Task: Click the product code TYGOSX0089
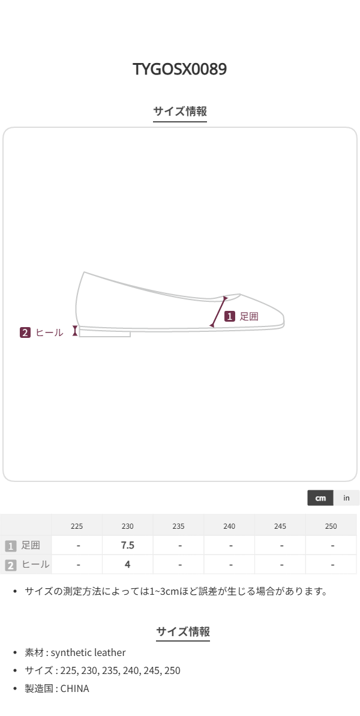tap(180, 69)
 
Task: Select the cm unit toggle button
tap(320, 498)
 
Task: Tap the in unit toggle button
tap(346, 498)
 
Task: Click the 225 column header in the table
tap(77, 526)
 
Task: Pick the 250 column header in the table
tap(331, 526)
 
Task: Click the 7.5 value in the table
tap(128, 545)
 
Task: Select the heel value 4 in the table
tap(128, 564)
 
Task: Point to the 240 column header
tap(229, 526)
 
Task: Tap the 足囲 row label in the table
tap(31, 545)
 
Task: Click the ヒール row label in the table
tap(35, 564)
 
